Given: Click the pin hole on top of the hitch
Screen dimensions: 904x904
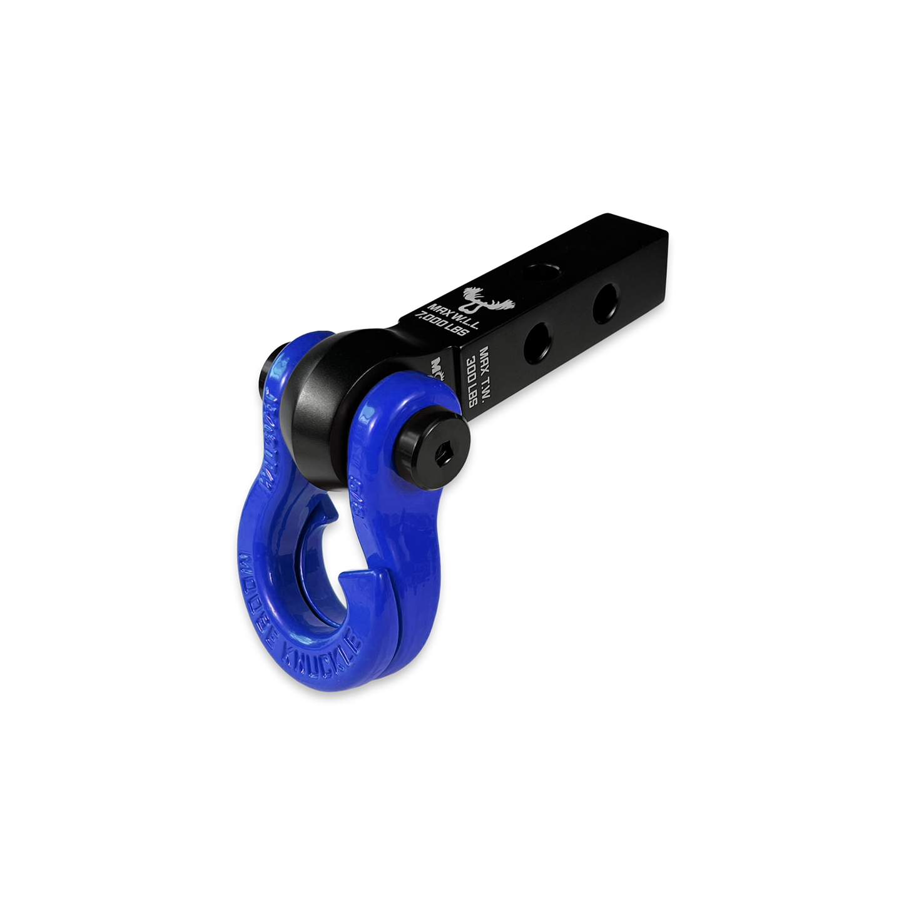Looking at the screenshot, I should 542,270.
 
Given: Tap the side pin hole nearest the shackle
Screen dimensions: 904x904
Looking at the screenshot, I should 537,341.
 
